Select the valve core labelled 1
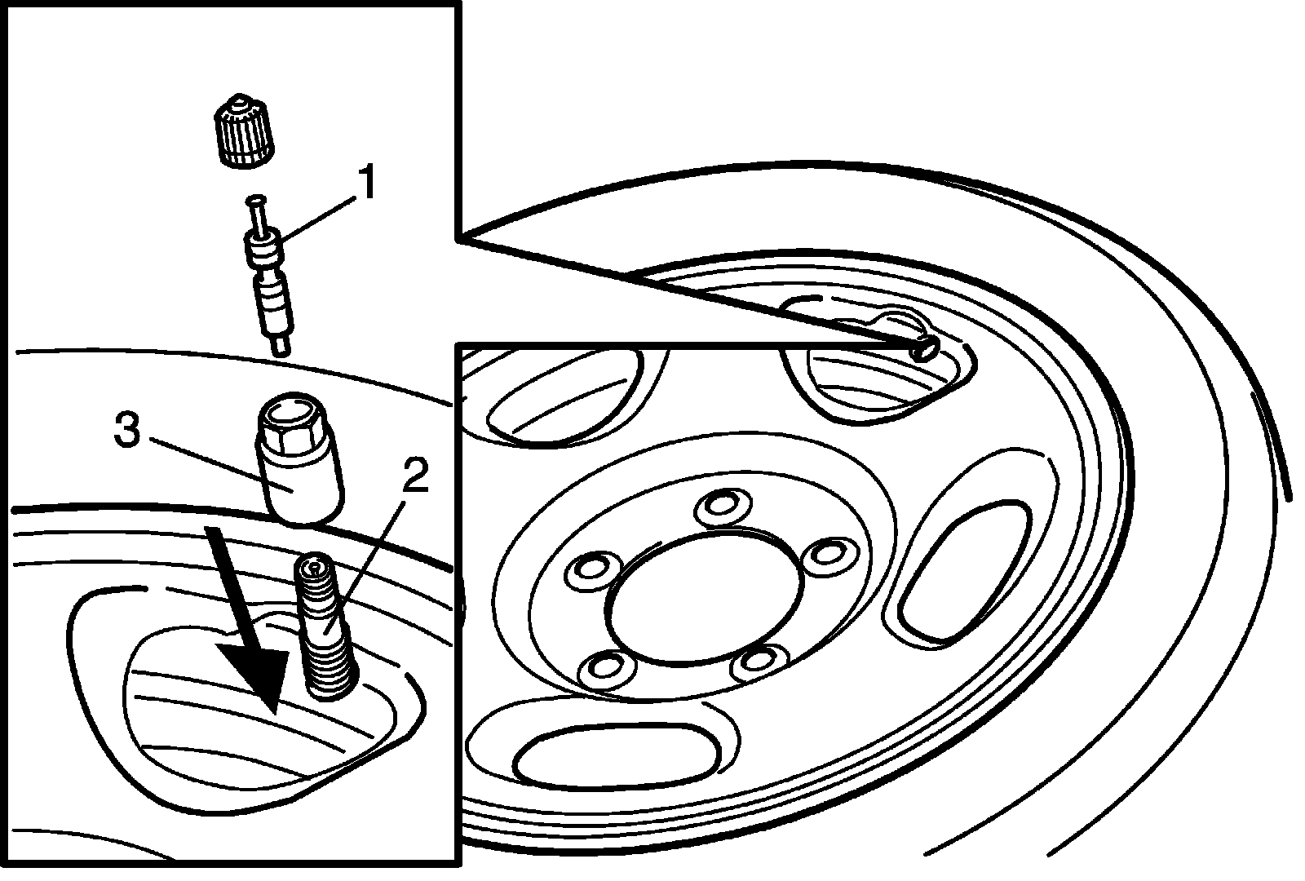coord(267,277)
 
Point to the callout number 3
coord(127,431)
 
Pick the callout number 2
coord(414,476)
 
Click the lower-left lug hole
coord(606,668)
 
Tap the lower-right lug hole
coord(759,665)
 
